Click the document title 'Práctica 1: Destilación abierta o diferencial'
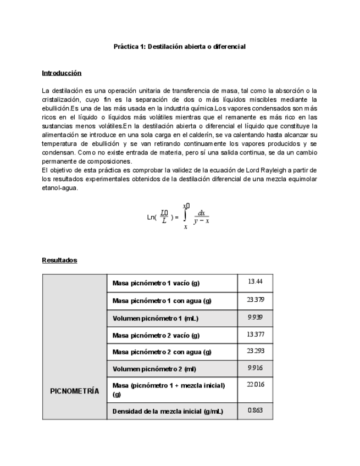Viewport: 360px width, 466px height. click(179, 47)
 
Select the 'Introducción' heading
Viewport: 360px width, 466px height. click(62, 73)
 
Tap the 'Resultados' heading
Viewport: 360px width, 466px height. click(59, 260)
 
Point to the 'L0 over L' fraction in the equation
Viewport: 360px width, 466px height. click(164, 217)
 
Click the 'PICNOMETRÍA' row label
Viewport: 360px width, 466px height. click(75, 391)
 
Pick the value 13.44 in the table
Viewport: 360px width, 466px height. click(255, 281)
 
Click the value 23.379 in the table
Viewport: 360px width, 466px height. click(255, 299)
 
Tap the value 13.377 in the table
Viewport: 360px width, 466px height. click(255, 334)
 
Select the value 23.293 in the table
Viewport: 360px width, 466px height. click(255, 351)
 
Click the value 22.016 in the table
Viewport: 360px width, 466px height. click(255, 385)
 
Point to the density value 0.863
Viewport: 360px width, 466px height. click(255, 410)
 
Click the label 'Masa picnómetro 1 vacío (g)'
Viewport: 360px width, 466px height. click(156, 283)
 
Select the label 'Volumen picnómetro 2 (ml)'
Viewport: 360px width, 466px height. click(154, 368)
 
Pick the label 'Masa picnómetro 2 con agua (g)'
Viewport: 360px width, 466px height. click(162, 352)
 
